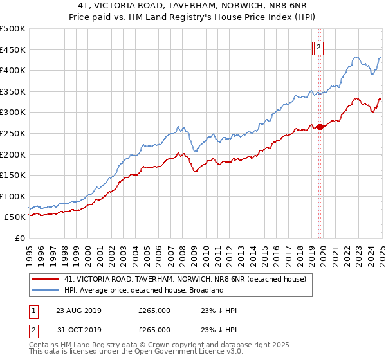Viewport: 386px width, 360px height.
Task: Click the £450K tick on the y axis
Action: point(14,50)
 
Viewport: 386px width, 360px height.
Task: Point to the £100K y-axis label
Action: point(14,196)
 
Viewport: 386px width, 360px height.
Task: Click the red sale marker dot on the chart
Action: point(320,127)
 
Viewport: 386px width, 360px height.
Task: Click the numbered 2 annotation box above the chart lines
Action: point(319,46)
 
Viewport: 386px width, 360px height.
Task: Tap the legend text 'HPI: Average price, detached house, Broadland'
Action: point(143,290)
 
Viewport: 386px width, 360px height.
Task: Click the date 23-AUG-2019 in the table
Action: point(78,310)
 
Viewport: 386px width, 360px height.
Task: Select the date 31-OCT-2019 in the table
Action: point(78,330)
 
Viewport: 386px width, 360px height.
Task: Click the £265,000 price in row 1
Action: point(154,310)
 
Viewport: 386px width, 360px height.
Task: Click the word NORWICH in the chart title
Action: point(252,8)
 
